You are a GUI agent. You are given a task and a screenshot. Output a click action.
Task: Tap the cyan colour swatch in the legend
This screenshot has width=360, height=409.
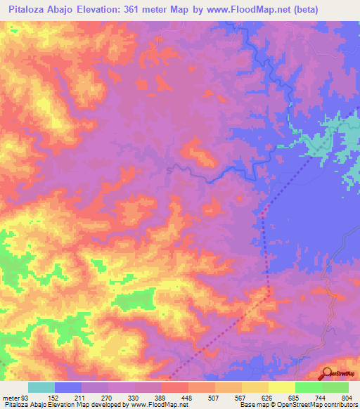41,387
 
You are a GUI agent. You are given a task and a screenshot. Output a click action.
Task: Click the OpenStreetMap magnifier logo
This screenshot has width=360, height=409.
327,374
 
